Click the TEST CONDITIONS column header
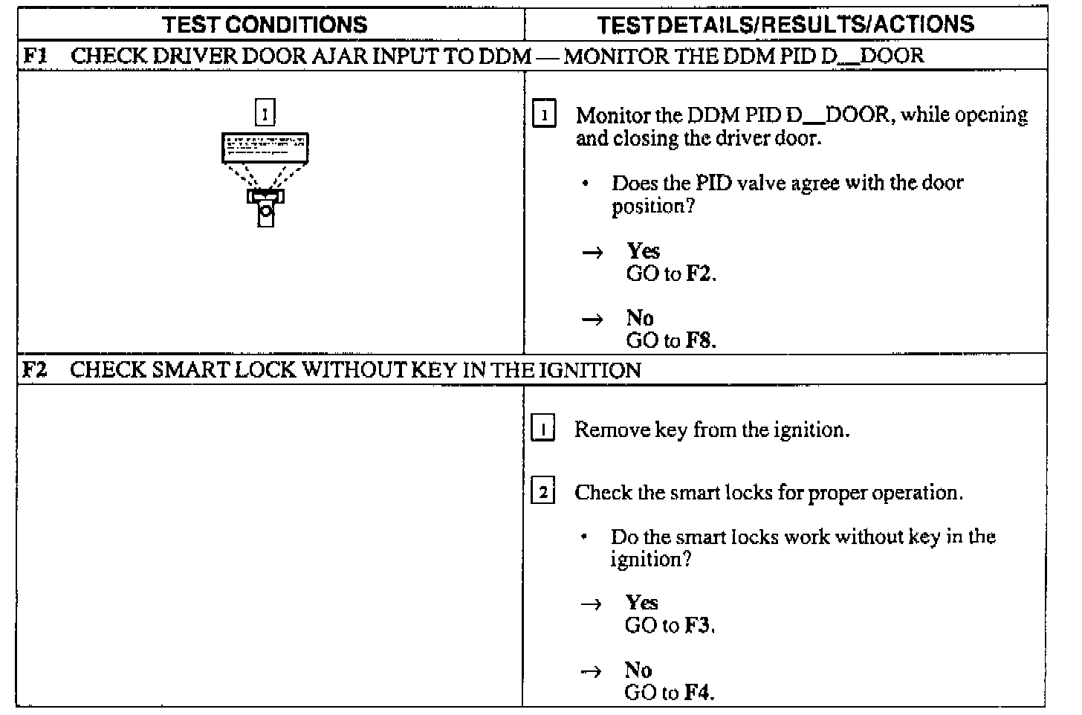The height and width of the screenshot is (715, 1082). click(x=265, y=25)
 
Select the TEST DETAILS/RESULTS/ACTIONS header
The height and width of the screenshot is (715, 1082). click(x=785, y=25)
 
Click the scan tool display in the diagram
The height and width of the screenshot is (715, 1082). click(x=265, y=147)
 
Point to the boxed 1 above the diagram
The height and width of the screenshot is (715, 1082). click(x=265, y=113)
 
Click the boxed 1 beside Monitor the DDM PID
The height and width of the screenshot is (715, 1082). click(x=545, y=116)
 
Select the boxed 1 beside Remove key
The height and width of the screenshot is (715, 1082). click(x=543, y=430)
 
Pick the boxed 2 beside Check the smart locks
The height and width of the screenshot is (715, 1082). click(x=543, y=493)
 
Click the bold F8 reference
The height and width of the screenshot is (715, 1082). click(x=699, y=341)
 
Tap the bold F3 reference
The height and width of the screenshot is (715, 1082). click(x=699, y=626)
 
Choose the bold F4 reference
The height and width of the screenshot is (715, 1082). click(x=698, y=693)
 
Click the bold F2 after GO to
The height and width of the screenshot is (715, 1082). click(x=699, y=274)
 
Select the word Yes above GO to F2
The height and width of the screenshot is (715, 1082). click(x=643, y=251)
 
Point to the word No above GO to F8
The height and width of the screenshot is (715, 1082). click(x=640, y=318)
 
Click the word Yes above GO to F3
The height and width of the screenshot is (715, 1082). click(x=641, y=603)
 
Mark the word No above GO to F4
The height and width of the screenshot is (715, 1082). click(x=638, y=670)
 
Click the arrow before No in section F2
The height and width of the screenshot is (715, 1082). click(x=591, y=671)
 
